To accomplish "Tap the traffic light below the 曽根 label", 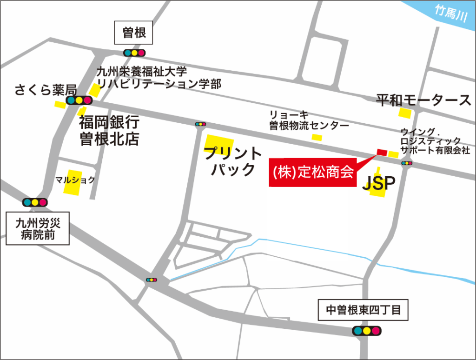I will coord(134,53).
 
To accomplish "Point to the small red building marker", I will coord(382,152).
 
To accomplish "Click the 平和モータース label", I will coord(423,100).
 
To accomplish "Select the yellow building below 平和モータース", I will coord(405,113).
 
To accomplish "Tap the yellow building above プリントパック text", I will coord(218,142).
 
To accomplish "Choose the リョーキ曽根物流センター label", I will coord(309,120).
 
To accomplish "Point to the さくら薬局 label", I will coord(45,89).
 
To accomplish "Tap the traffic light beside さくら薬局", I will coord(79,100).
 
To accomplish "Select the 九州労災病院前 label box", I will coord(38,228).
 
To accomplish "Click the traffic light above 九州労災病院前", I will coord(35,202).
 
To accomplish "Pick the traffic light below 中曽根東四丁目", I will coord(366,331).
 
